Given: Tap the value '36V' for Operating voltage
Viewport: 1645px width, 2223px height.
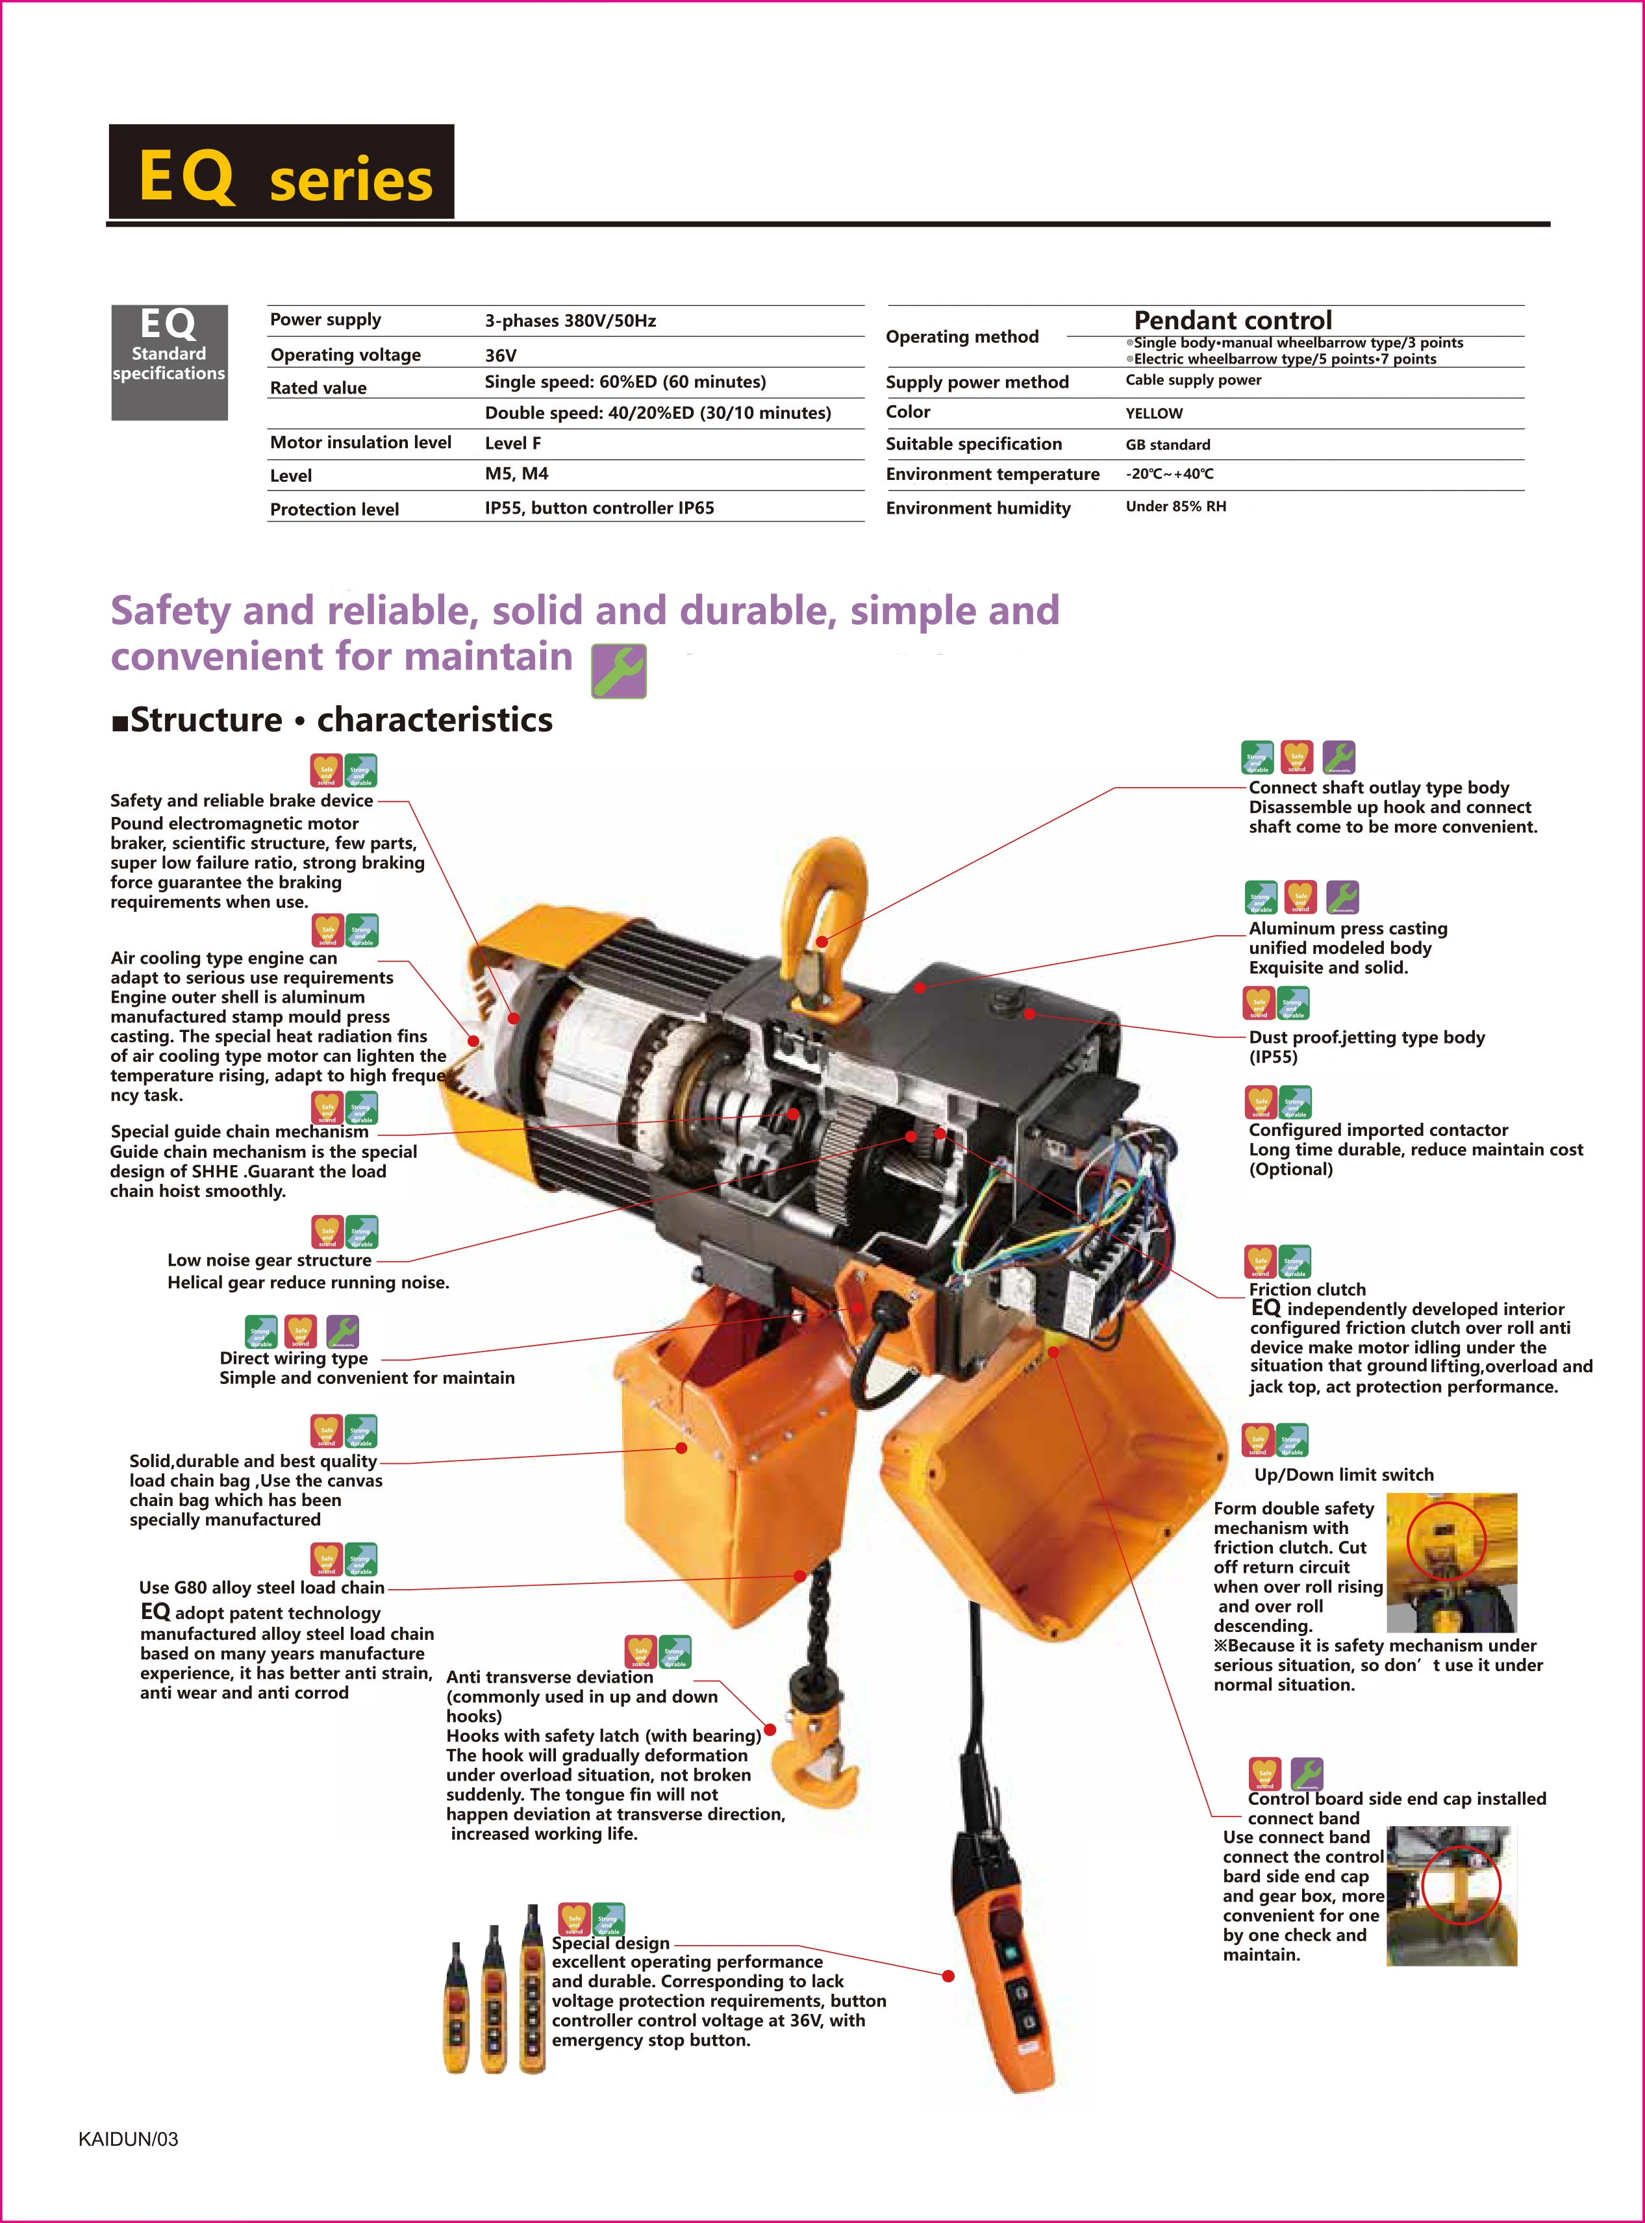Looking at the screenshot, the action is [x=501, y=355].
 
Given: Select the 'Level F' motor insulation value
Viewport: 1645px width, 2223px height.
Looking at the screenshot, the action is [x=513, y=443].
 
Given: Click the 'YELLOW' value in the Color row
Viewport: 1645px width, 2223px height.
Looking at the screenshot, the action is [x=1154, y=413].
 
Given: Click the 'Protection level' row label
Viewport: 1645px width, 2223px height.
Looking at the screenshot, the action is [x=334, y=509].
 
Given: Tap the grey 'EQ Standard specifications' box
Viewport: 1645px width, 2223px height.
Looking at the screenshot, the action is [x=170, y=362].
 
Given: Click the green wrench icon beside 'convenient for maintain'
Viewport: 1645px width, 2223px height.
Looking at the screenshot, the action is [x=618, y=670].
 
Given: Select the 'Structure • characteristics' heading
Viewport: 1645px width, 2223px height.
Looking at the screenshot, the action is [x=333, y=719].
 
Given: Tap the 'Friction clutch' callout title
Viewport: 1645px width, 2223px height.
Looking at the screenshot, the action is [x=1307, y=1289].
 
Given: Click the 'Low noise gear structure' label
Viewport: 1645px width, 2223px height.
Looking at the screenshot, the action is [x=269, y=1259].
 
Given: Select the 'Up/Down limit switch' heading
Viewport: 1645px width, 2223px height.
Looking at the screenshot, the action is [x=1343, y=1474].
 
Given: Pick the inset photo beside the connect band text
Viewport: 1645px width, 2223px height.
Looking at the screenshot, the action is [x=1451, y=1894].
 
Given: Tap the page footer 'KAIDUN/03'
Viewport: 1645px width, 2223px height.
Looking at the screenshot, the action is [x=129, y=2139].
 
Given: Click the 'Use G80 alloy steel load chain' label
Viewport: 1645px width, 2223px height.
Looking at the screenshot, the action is [x=261, y=1587].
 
